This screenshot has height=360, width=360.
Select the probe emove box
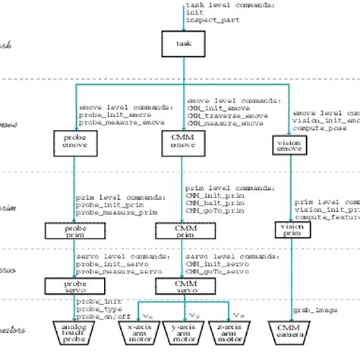pos(73,141)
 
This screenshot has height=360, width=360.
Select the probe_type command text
pos(95,309)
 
